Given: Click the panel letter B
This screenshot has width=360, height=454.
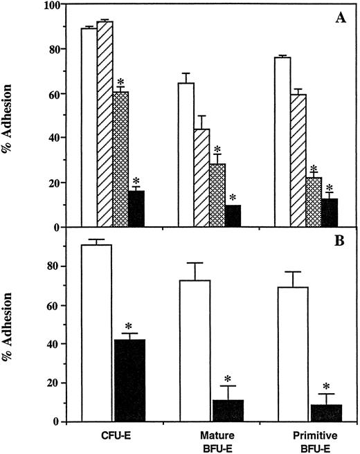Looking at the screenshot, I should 342,243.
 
